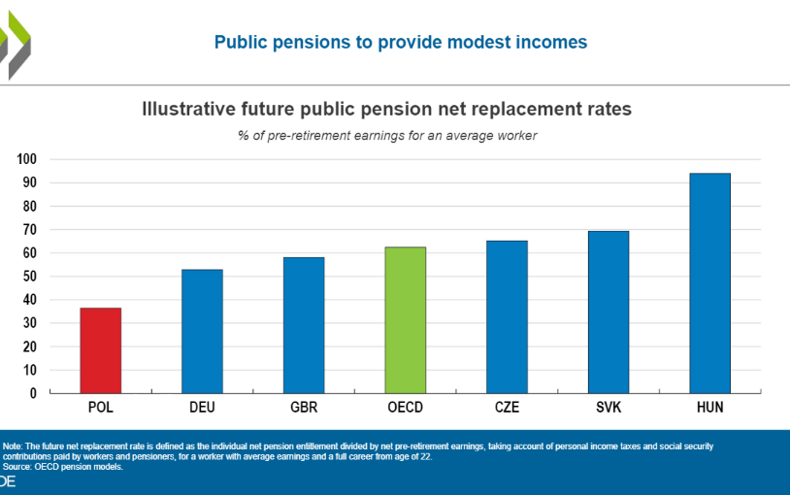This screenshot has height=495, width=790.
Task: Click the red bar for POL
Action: (101, 350)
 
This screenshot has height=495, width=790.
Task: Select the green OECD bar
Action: (406, 320)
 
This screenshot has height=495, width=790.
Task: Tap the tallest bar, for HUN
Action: (709, 283)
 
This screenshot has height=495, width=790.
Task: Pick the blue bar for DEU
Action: (202, 331)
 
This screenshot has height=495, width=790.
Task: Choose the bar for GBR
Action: (304, 325)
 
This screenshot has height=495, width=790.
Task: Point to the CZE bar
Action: (507, 317)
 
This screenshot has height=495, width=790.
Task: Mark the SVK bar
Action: (609, 312)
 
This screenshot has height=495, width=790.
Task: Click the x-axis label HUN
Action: (709, 408)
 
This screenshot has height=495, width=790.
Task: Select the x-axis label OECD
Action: (406, 408)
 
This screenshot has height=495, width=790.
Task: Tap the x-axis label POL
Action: (101, 408)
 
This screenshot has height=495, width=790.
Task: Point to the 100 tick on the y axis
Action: (27, 159)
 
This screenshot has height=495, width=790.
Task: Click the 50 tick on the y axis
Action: (30, 277)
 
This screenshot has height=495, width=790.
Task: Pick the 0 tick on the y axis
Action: (33, 393)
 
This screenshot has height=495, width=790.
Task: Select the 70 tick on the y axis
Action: (30, 229)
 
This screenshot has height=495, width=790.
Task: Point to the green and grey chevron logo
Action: (16, 46)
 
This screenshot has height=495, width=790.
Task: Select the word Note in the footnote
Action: (12, 446)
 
